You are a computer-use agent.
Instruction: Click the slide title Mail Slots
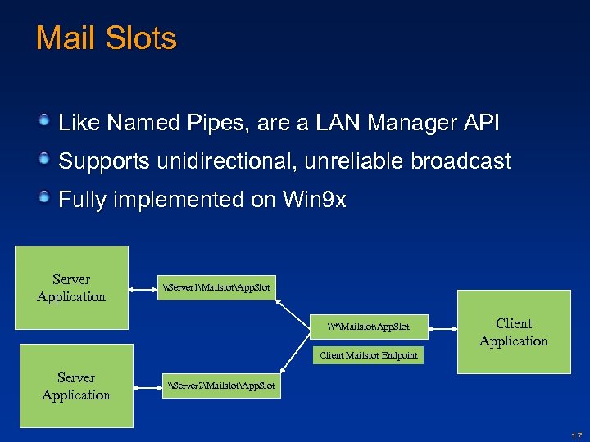pyautogui.click(x=107, y=38)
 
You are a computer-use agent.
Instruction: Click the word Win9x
pyautogui.click(x=315, y=200)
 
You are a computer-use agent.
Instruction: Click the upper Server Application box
pyautogui.click(x=71, y=288)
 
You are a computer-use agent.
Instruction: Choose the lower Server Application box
pyautogui.click(x=76, y=386)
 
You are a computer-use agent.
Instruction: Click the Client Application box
pyautogui.click(x=514, y=332)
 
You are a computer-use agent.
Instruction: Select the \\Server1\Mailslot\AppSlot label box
pyautogui.click(x=216, y=287)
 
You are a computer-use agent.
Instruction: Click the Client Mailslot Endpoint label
pyautogui.click(x=368, y=355)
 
